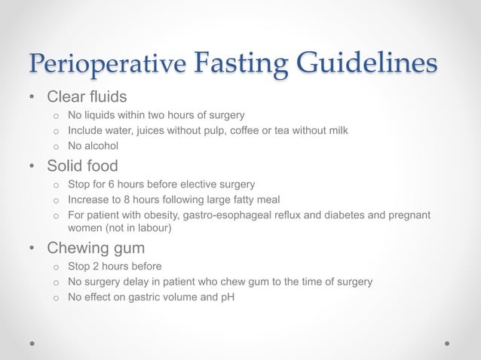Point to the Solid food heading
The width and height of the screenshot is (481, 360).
(83, 165)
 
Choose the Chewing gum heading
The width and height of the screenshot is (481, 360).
(95, 248)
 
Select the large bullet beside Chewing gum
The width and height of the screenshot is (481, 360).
(32, 249)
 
